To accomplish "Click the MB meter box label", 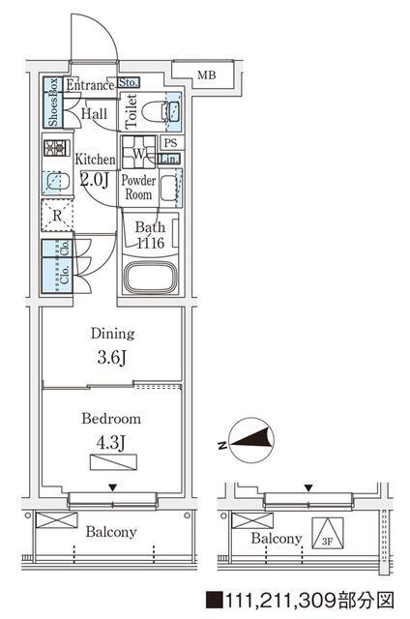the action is click(x=207, y=74).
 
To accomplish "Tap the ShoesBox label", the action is click(x=53, y=103).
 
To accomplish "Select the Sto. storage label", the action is click(x=129, y=82).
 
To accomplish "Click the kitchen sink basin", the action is click(x=57, y=182).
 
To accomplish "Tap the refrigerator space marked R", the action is click(x=57, y=216).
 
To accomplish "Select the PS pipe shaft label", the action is click(x=171, y=143).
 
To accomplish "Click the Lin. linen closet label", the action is click(x=169, y=159).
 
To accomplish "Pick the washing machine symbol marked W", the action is click(x=138, y=153).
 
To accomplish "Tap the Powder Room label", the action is click(x=138, y=187).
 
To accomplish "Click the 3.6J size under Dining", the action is click(x=111, y=358).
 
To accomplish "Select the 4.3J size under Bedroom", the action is click(x=111, y=443).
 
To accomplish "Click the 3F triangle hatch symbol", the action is click(x=328, y=533).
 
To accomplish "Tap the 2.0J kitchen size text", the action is click(x=95, y=180).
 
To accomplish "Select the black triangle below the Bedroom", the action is click(x=113, y=488).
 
